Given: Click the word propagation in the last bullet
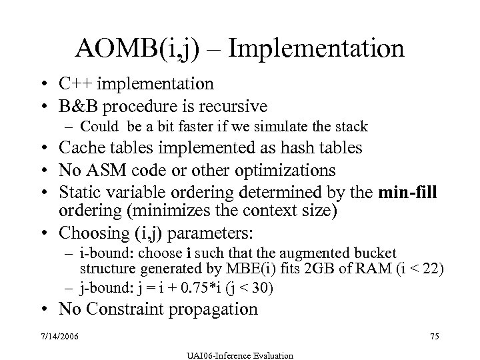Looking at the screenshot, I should (x=219, y=309).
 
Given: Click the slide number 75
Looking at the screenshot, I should (x=435, y=337).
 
